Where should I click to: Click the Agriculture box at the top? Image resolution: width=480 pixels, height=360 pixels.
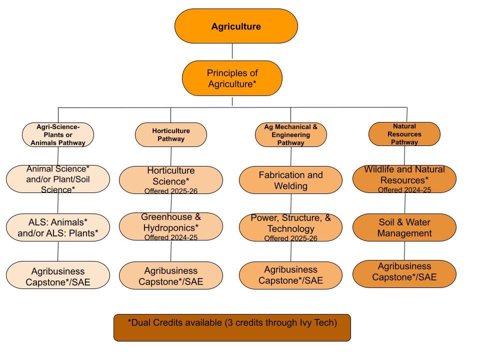pos(236,26)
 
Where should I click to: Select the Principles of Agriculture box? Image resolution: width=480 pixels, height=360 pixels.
pos(232,78)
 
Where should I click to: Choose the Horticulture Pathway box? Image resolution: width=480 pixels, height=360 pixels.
pos(171,135)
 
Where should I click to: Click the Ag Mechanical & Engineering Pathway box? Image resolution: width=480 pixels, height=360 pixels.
pos(290,135)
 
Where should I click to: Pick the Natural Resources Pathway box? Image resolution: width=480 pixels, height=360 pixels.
pos(404,134)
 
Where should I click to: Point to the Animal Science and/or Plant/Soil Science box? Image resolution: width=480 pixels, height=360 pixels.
pos(58,179)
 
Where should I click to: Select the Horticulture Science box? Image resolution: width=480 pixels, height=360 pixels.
pos(171,180)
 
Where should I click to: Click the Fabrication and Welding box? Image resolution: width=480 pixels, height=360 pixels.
pos(290,180)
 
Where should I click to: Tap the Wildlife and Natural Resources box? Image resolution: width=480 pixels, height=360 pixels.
pos(404,179)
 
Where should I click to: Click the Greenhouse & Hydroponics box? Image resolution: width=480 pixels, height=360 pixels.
pos(171,226)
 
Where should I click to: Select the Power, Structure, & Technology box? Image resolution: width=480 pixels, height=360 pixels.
pos(290,227)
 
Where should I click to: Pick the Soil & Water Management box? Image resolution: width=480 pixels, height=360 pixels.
pos(404,227)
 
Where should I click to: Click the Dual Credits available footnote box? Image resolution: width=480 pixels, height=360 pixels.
pos(232,327)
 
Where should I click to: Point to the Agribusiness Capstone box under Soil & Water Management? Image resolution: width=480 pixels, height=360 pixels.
pos(404,273)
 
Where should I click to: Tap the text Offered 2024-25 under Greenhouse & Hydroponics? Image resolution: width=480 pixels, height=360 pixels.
pos(171,237)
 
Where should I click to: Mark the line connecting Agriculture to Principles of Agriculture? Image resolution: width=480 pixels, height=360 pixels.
pos(232,52)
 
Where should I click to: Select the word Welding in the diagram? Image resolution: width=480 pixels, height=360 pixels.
pos(290,186)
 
